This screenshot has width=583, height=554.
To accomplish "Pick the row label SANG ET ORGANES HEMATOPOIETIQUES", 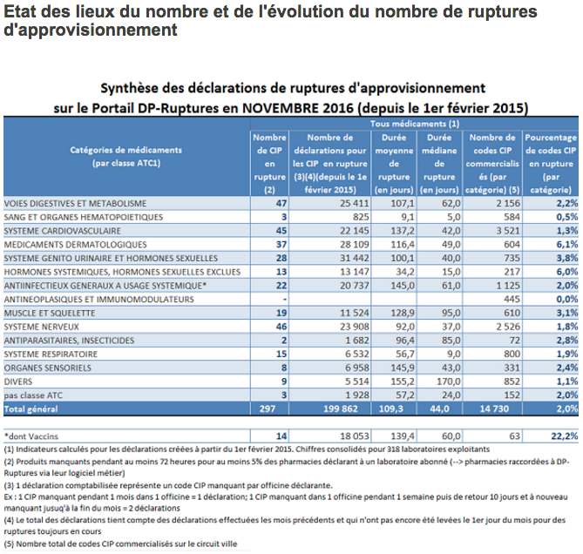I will click(83, 217).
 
